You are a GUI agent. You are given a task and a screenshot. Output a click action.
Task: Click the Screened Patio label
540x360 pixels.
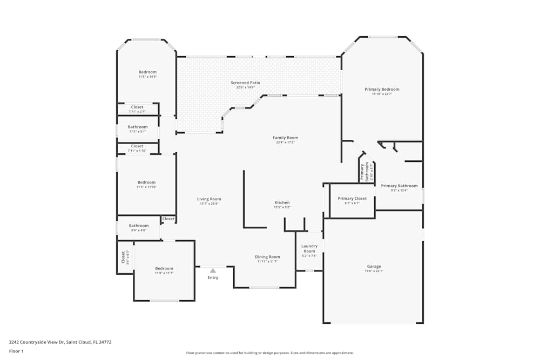(x=245, y=83)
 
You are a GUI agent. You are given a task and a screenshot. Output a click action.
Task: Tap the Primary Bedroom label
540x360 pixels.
(x=382, y=89)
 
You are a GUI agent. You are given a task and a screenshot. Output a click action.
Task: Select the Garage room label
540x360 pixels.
(x=374, y=266)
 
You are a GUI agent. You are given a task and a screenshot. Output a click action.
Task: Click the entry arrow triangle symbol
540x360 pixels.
(x=213, y=270)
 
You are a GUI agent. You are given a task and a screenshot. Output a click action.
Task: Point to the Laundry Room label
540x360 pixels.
(x=309, y=248)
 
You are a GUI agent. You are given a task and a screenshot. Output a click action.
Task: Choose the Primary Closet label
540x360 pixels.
(x=352, y=198)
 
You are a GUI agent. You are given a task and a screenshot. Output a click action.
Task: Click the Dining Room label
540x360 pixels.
(x=267, y=256)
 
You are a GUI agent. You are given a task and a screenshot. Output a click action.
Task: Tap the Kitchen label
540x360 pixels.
(x=282, y=202)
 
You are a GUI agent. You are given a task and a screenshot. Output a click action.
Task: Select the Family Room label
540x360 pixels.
(x=285, y=138)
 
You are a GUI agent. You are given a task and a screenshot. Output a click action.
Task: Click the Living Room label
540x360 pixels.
(x=209, y=199)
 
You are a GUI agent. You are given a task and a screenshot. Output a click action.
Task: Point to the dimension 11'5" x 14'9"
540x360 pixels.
(x=147, y=77)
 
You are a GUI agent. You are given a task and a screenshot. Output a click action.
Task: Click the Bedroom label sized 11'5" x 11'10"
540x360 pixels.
(x=146, y=182)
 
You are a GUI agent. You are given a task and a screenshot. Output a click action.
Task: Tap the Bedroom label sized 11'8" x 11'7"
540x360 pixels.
(x=164, y=268)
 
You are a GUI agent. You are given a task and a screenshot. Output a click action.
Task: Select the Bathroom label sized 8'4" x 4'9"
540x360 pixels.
(x=139, y=226)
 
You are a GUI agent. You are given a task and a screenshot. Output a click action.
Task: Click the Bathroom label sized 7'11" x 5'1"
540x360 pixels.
(x=138, y=127)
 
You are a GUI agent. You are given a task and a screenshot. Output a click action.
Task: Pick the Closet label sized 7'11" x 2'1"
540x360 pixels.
(x=137, y=107)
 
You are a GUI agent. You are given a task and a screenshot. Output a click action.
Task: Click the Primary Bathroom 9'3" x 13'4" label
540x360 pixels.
(x=399, y=186)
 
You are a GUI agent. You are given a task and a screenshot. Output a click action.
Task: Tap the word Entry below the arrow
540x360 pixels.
(x=213, y=277)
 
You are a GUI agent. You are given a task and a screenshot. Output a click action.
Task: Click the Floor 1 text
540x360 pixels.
(x=16, y=351)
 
